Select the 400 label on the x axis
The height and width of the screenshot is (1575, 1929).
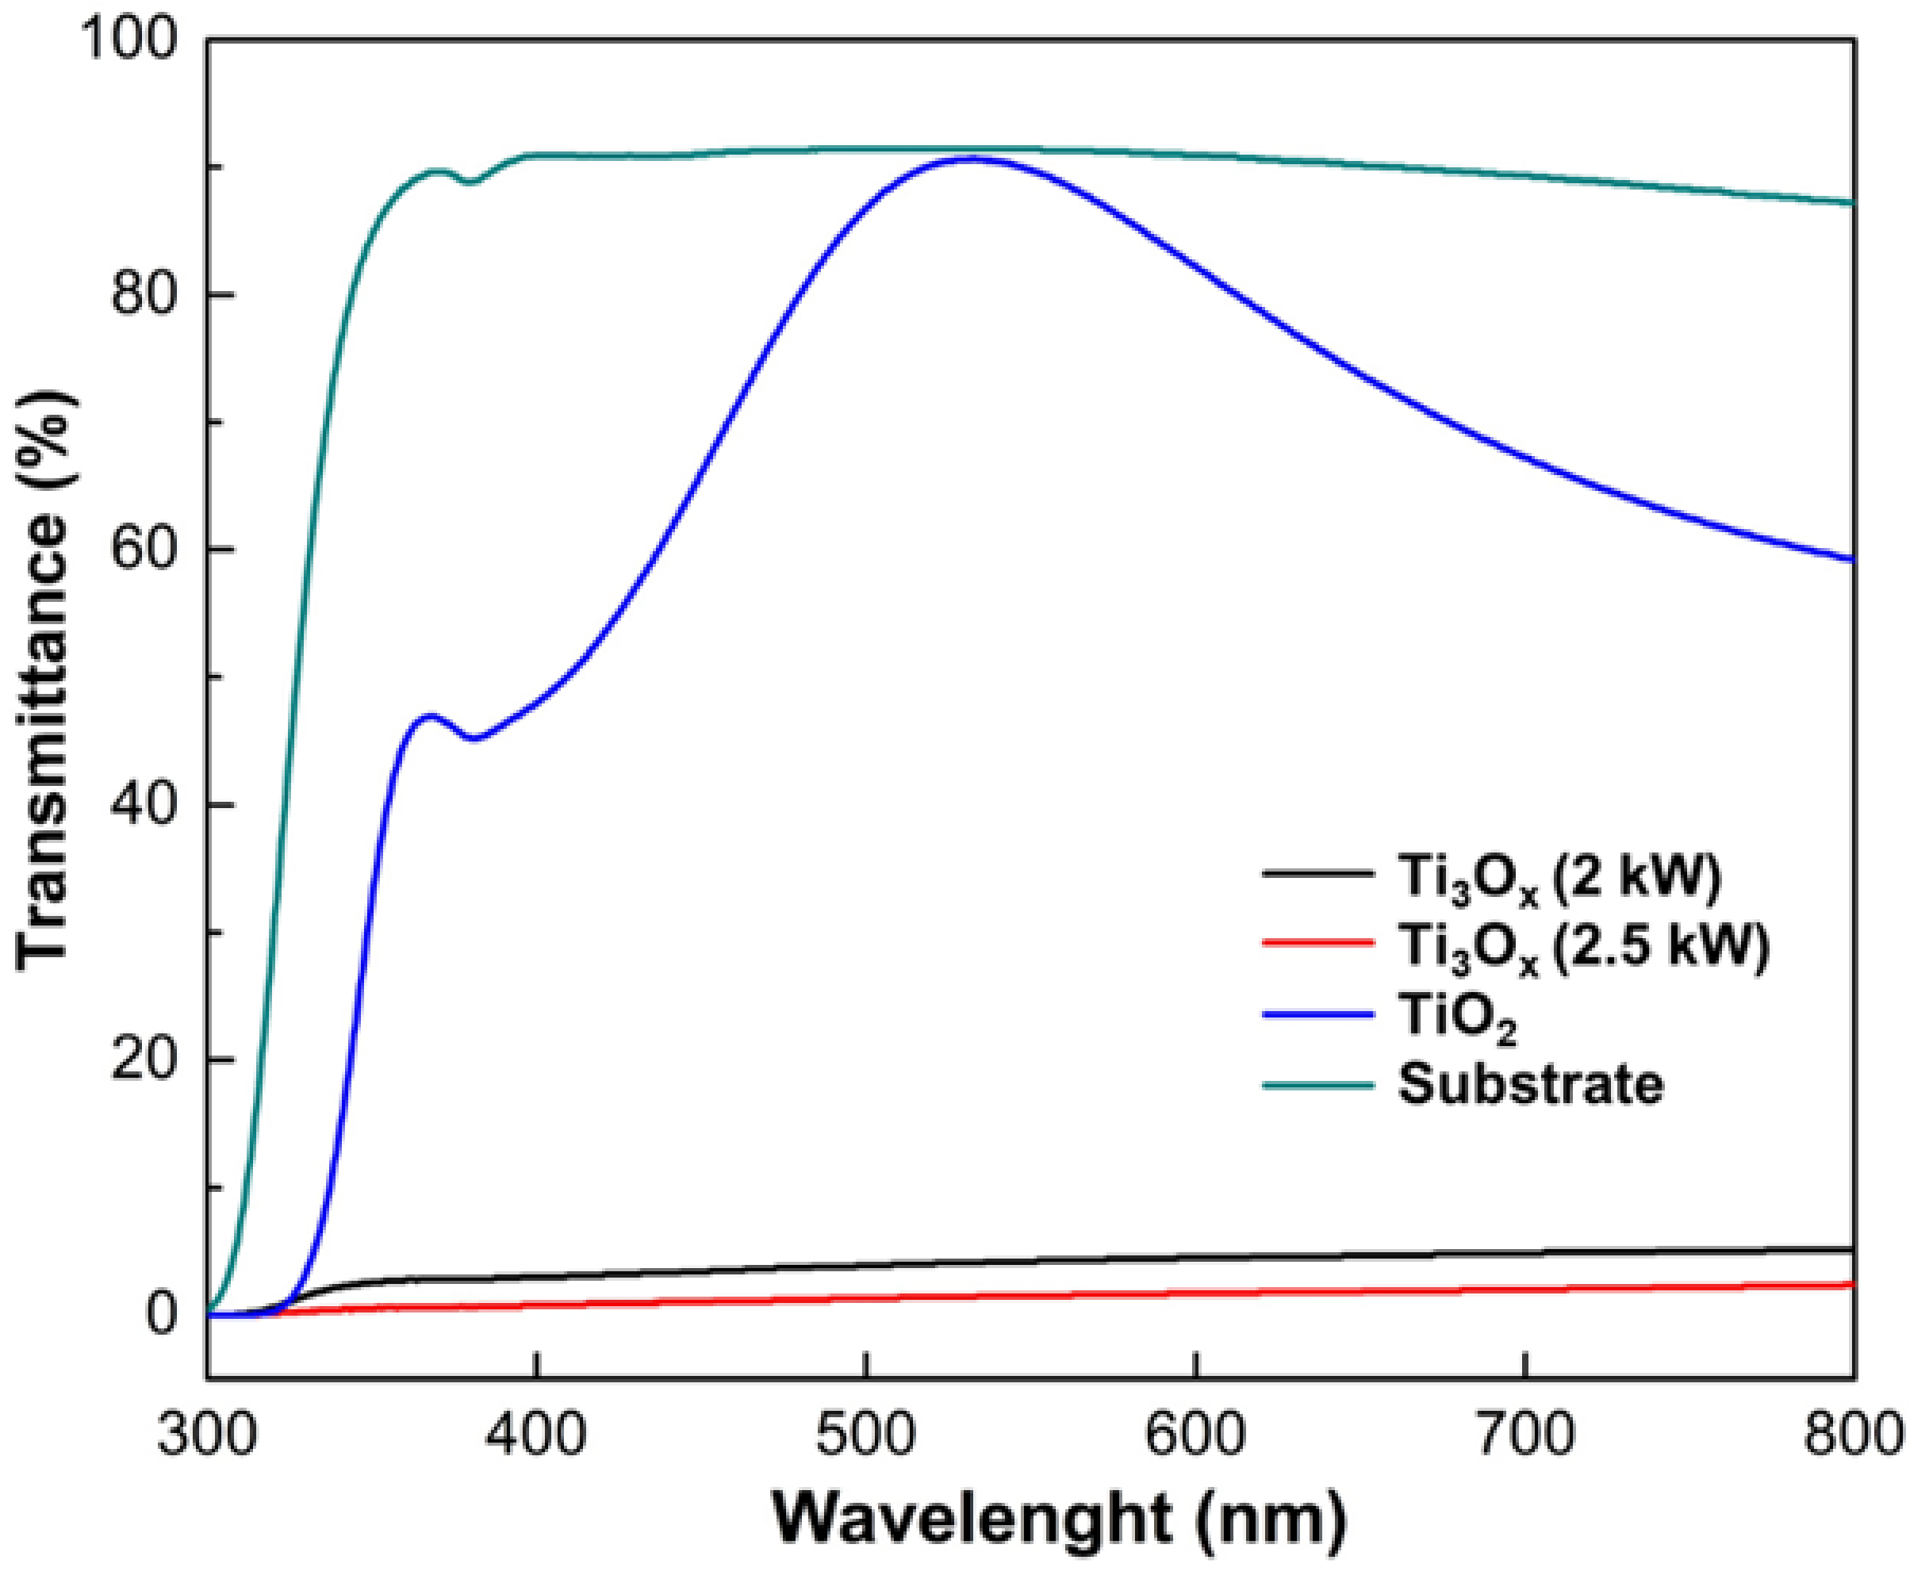[538, 1436]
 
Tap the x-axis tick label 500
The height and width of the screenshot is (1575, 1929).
[869, 1436]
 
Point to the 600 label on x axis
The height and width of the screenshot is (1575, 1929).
[1198, 1436]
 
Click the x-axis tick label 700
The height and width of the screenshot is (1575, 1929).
[1527, 1436]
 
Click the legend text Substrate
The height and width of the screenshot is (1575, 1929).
[1531, 1083]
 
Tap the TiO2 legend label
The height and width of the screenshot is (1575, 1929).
[1458, 1018]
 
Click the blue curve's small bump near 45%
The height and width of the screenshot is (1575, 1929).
[430, 717]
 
